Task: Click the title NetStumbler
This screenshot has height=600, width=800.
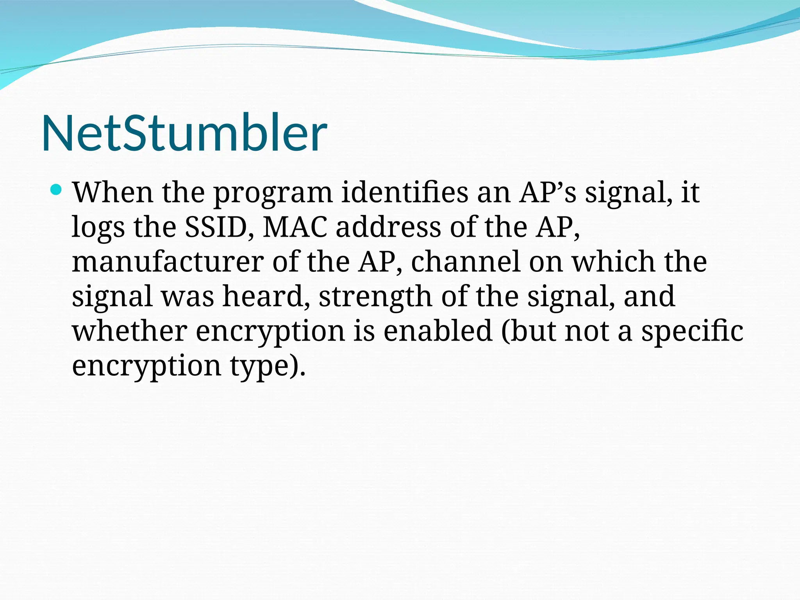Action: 184,133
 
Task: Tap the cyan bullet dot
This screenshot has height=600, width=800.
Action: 57,190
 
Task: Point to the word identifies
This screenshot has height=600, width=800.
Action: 404,193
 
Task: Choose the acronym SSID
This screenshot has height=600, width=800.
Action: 219,227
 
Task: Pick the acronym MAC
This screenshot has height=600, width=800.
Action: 295,227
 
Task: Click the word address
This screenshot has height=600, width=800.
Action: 388,227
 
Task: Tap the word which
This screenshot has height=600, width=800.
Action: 613,261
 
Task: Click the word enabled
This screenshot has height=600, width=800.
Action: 437,330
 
